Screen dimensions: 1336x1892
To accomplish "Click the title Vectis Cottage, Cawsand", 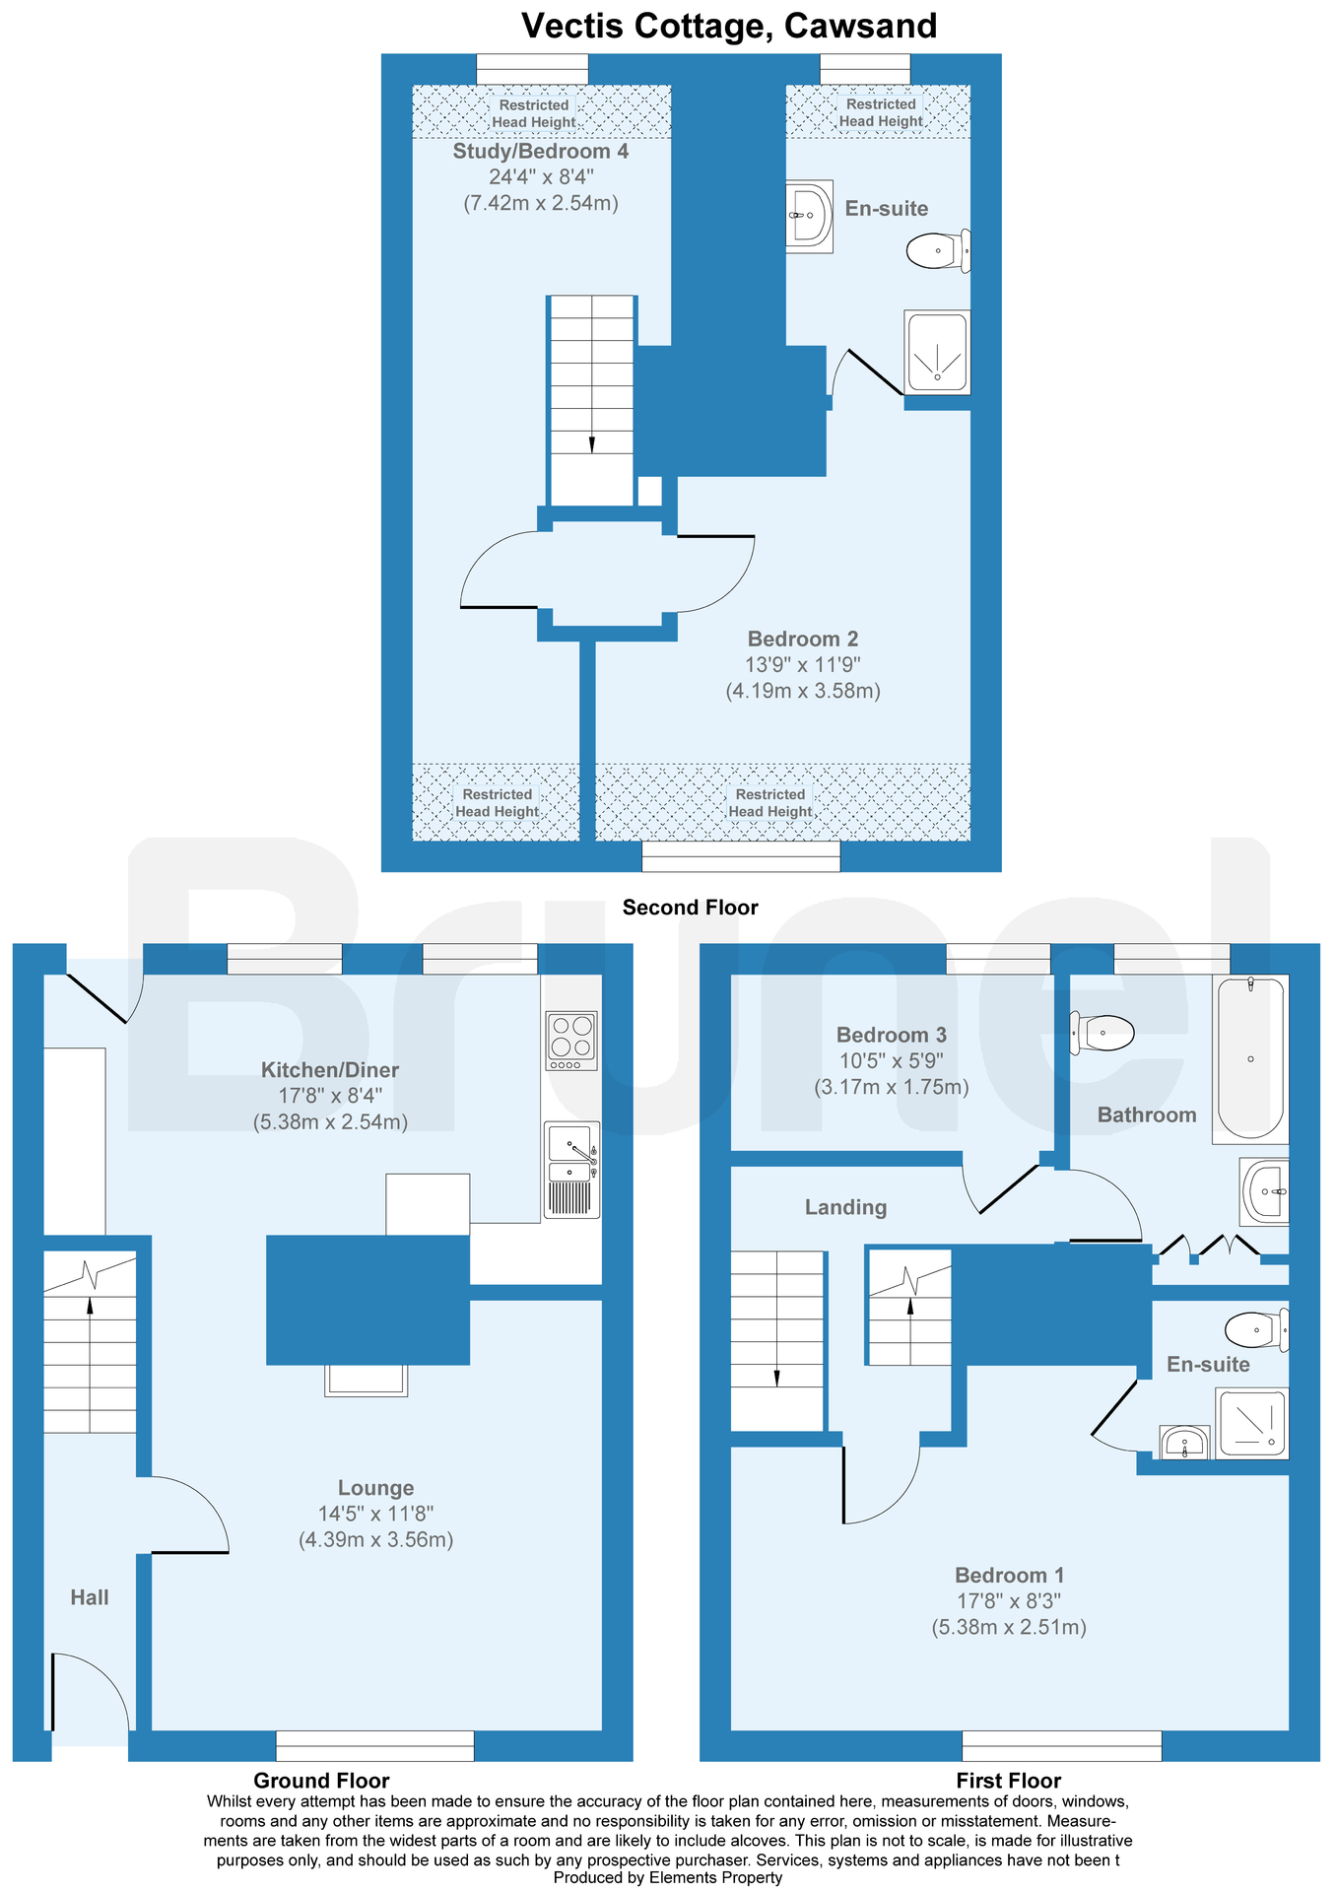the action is click(x=728, y=26).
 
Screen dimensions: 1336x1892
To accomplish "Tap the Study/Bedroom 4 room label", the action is click(x=540, y=152).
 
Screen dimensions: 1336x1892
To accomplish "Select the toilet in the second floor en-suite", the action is click(x=937, y=250).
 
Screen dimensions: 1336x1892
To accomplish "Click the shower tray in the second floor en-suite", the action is click(x=937, y=352).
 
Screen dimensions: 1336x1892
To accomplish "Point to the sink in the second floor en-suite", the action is click(x=809, y=215).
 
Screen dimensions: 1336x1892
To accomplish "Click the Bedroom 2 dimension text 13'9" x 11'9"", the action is click(x=802, y=665).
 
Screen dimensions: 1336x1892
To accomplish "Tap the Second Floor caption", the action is click(x=690, y=908).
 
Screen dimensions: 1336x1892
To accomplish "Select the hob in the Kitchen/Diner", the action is click(x=571, y=1041).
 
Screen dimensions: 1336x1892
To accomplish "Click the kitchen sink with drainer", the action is click(x=571, y=1169).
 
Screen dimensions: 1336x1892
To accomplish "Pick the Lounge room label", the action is click(x=375, y=1488).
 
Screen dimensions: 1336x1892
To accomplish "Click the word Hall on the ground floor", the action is click(x=90, y=1597).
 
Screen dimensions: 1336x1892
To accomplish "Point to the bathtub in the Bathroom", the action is click(x=1250, y=1058).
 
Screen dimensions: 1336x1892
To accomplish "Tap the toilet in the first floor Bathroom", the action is click(x=1103, y=1033).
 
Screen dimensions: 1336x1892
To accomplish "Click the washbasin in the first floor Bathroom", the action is click(x=1265, y=1191).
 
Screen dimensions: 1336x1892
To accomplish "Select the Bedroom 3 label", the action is click(x=891, y=1035).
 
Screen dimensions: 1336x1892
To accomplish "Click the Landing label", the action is click(x=845, y=1207).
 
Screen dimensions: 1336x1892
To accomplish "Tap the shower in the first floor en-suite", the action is click(x=1251, y=1423).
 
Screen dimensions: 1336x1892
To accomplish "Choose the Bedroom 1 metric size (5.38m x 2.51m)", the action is click(x=1009, y=1627).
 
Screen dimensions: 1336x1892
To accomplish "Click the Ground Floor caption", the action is click(x=321, y=1780).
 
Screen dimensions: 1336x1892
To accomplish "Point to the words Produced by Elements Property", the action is click(x=668, y=1877).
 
